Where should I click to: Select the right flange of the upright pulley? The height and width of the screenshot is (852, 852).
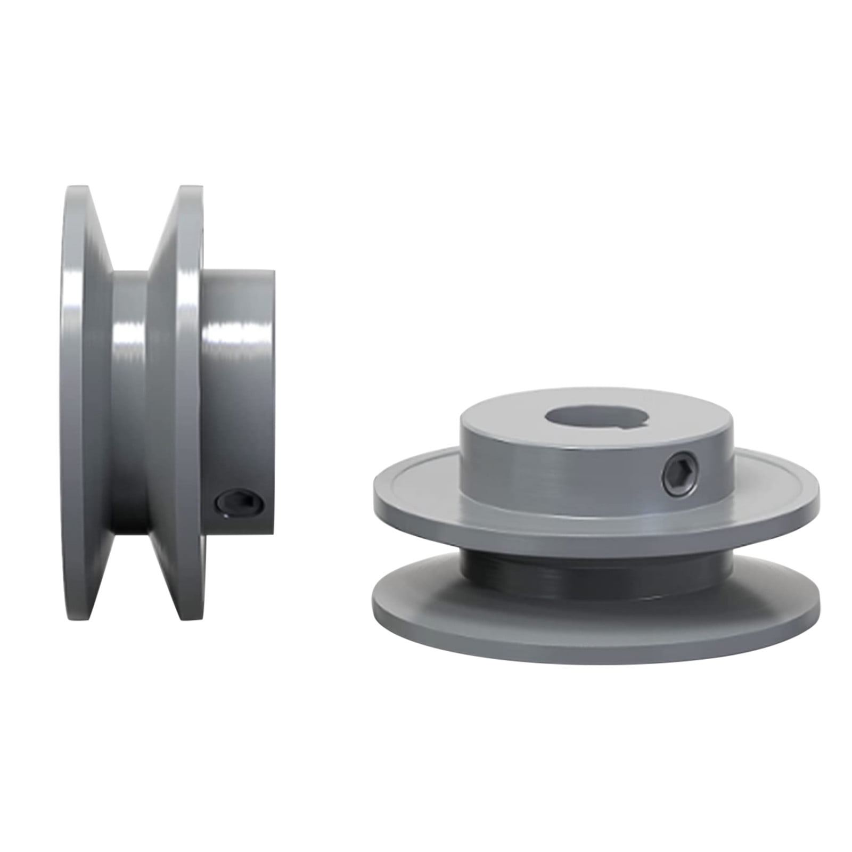coord(184,373)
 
